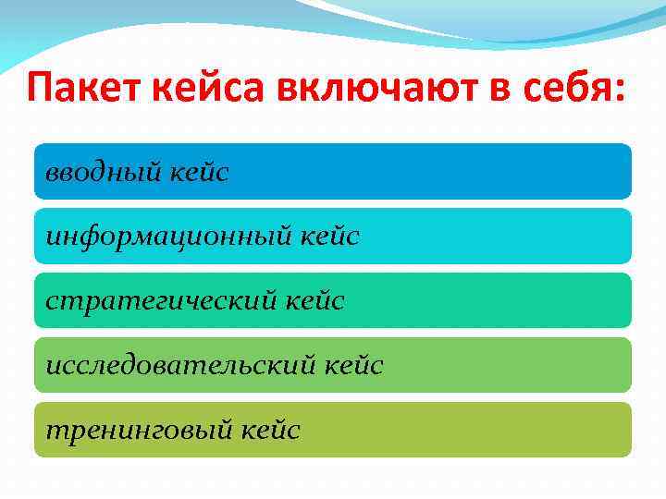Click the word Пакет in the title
(80, 93)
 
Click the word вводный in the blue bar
(104, 172)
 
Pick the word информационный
(168, 237)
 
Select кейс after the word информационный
(328, 237)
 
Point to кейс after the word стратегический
(314, 301)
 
